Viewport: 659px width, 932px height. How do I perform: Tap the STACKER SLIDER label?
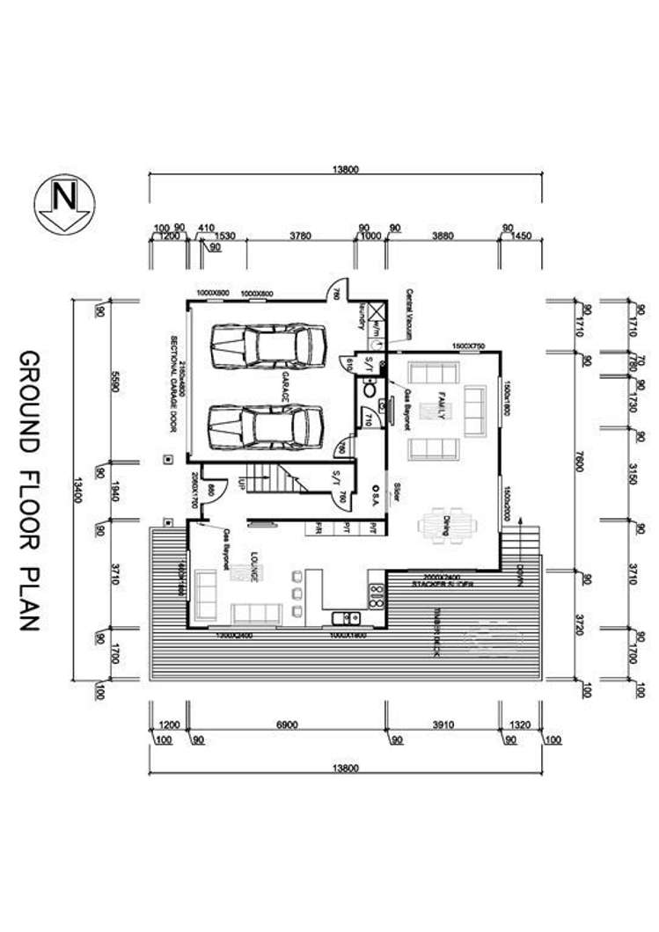[x=444, y=584]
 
